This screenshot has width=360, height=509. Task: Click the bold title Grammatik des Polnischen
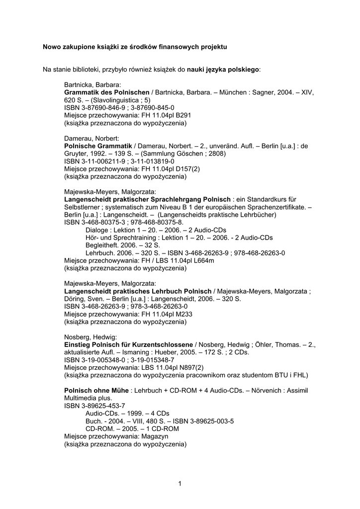pyautogui.click(x=107, y=92)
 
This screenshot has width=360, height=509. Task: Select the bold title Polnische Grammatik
pyautogui.click(x=98, y=146)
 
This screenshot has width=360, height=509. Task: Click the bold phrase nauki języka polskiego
pyautogui.click(x=223, y=69)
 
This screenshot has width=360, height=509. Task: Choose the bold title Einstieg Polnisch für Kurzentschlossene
pyautogui.click(x=128, y=344)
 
